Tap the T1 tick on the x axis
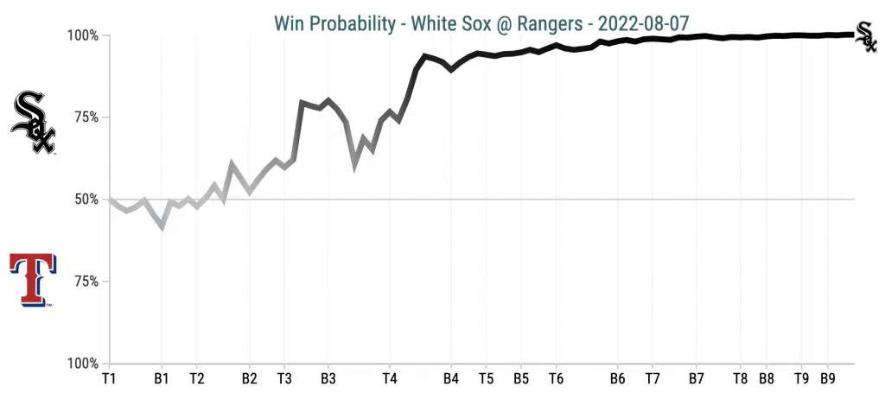[108, 378]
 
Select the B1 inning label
[161, 378]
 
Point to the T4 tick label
[389, 378]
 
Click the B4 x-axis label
[450, 378]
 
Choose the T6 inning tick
[556, 378]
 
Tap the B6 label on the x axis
[617, 378]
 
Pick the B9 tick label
[827, 378]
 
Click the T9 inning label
[801, 378]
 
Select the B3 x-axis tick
[328, 378]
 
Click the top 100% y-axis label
[84, 35]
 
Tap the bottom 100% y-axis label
[84, 364]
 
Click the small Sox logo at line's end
[865, 35]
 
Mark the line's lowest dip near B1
[162, 227]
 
